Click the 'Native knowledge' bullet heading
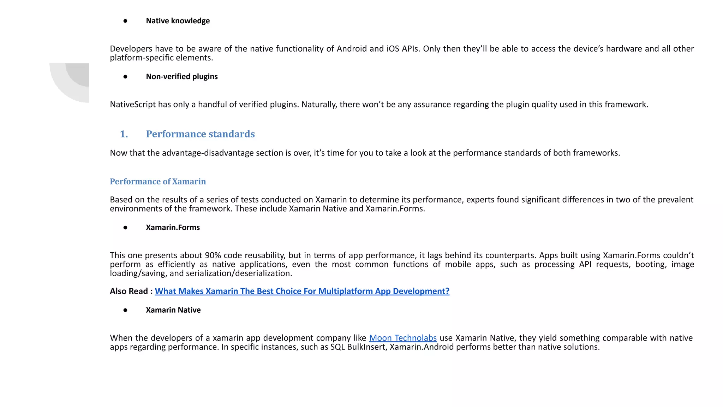[178, 21]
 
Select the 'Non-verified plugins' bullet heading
[181, 77]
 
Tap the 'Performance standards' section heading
[200, 134]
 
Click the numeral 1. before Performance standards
[124, 134]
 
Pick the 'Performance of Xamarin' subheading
[157, 182]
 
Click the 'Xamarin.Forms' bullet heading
[173, 228]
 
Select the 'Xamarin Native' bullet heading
[173, 310]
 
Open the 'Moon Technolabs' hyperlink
[402, 338]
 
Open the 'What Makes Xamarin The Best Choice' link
[302, 291]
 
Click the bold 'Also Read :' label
[131, 291]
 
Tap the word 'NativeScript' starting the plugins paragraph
[132, 105]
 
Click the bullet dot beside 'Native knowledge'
[125, 21]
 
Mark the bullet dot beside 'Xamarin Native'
[125, 310]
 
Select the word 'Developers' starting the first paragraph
[131, 49]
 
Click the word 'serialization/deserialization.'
[239, 273]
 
